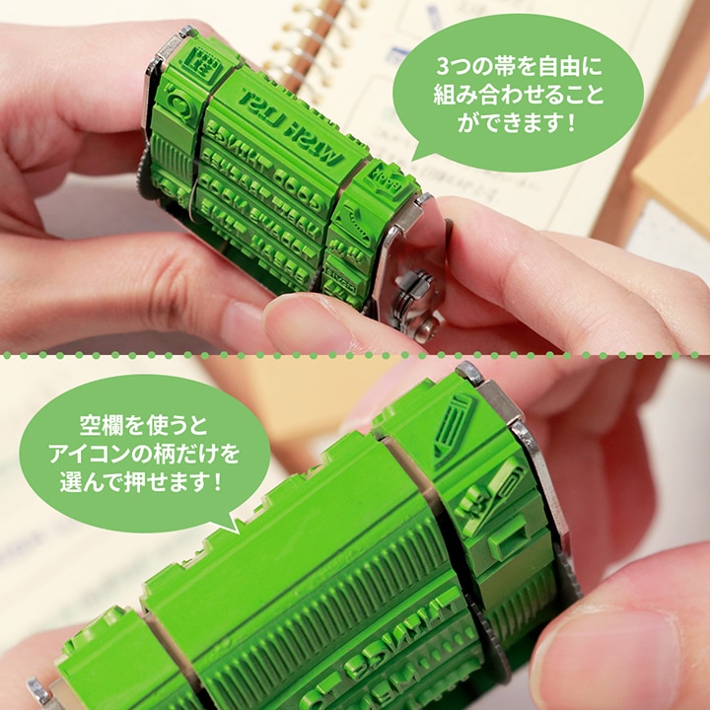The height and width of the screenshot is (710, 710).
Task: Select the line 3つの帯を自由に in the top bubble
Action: (x=517, y=71)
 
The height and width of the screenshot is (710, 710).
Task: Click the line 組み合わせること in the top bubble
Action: (x=517, y=98)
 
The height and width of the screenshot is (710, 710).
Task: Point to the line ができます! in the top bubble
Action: (x=517, y=124)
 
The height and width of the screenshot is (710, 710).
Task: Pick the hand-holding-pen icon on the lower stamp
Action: (x=490, y=493)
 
